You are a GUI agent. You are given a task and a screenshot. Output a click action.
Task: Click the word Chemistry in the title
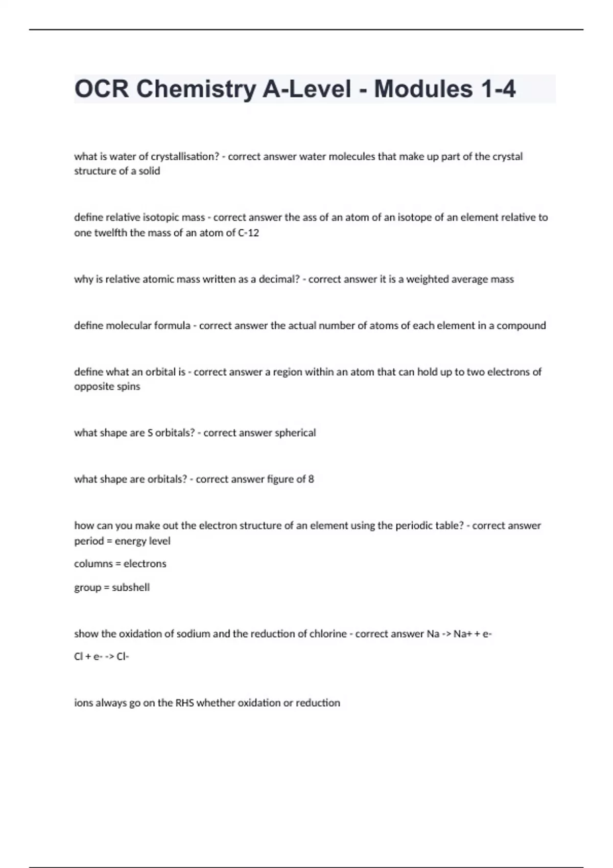[x=195, y=89]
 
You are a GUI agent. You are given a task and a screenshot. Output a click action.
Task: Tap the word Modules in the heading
[x=423, y=89]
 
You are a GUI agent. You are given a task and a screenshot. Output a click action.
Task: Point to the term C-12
[x=249, y=233]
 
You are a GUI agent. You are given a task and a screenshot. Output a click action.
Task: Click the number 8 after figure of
[x=311, y=479]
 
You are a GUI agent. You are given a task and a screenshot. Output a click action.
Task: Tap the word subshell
[x=131, y=587]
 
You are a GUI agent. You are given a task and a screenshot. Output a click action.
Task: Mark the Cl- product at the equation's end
[x=123, y=657]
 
